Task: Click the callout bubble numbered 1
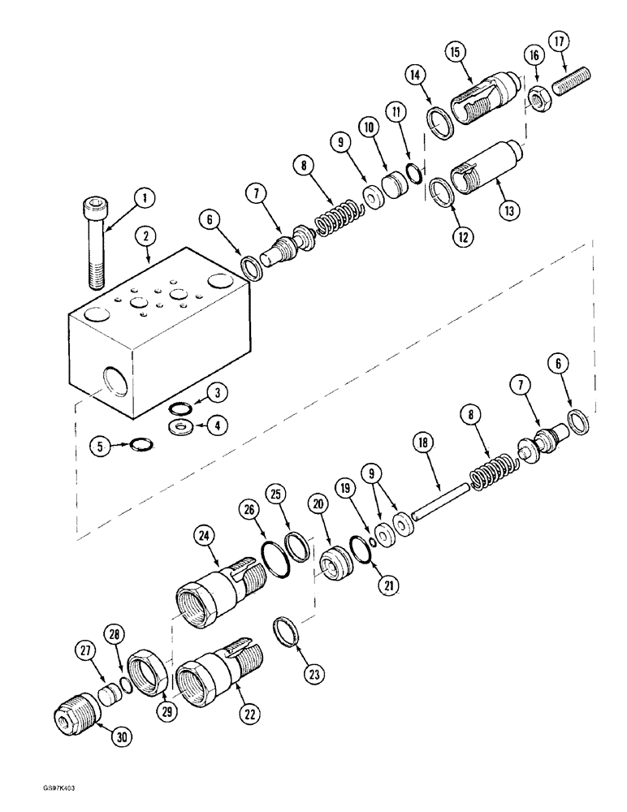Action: coord(144,197)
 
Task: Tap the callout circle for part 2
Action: coord(147,236)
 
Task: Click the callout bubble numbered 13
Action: coord(508,209)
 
